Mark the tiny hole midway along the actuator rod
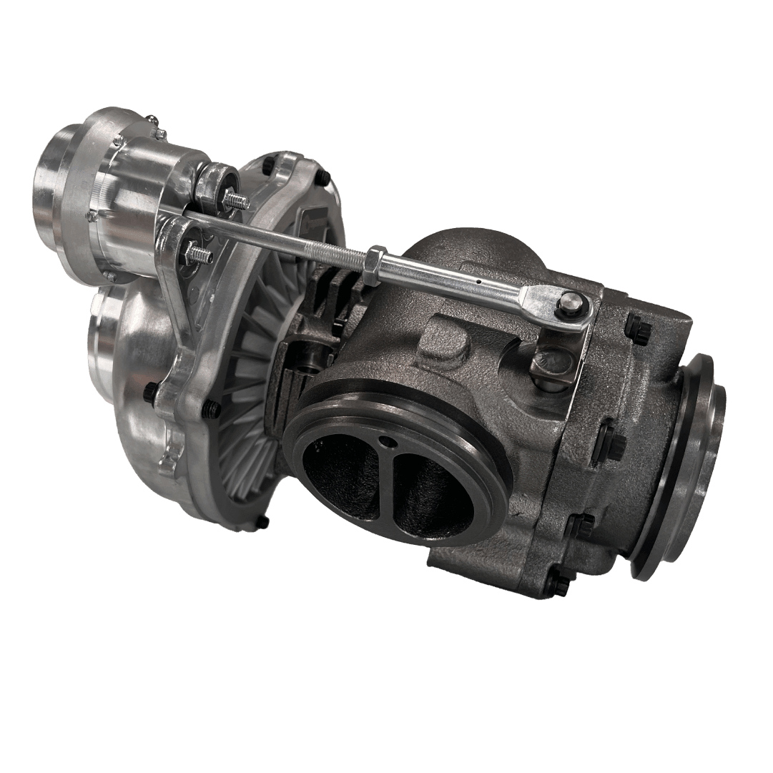pos(477,281)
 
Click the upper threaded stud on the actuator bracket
pos(236,201)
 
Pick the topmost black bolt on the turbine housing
pos(639,327)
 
